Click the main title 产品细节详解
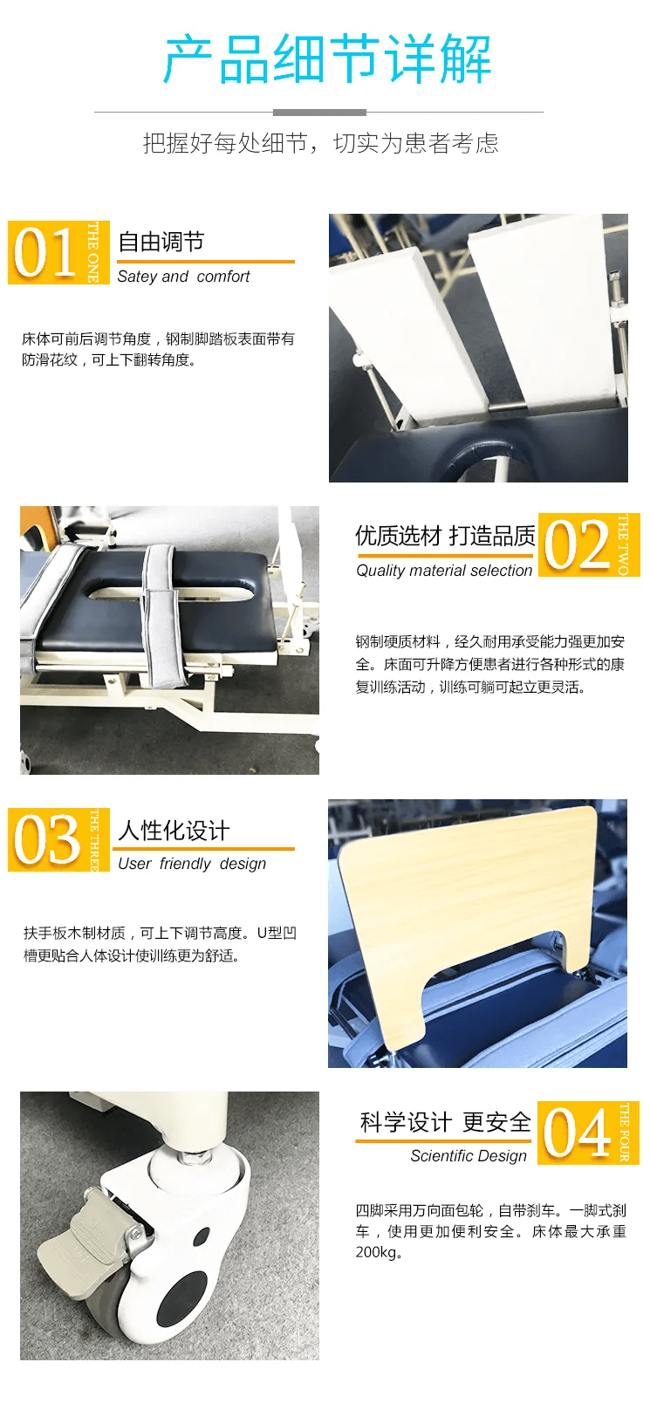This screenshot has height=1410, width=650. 326,60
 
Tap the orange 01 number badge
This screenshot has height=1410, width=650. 58,252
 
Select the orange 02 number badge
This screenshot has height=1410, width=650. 588,545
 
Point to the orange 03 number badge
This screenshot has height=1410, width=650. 58,839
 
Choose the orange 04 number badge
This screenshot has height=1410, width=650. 588,1133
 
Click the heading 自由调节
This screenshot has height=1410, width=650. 161,241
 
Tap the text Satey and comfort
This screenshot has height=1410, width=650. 183,277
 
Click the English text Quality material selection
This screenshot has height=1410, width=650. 444,571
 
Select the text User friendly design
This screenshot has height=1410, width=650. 192,864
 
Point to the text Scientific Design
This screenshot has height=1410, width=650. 469,1156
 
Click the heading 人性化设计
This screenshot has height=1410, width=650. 174,831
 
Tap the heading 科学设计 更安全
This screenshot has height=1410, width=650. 445,1122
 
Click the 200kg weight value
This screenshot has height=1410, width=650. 376,1252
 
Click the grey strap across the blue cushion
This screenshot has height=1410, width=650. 166,616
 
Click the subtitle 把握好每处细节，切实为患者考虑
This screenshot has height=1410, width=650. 320,143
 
